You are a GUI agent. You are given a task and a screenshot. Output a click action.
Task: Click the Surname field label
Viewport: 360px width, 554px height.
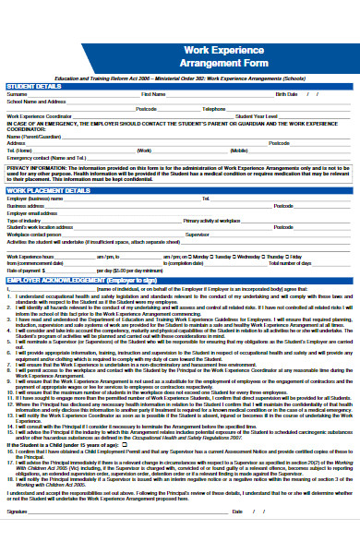(x=17, y=94)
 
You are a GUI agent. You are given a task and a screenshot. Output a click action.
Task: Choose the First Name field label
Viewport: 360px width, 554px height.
(x=153, y=94)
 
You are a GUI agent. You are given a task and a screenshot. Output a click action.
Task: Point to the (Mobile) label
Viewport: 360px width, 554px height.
(x=239, y=150)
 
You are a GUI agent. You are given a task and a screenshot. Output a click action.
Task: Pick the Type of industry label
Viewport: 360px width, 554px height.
(x=23, y=221)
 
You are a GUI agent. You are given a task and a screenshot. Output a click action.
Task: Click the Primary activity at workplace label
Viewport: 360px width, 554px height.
(x=212, y=221)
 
